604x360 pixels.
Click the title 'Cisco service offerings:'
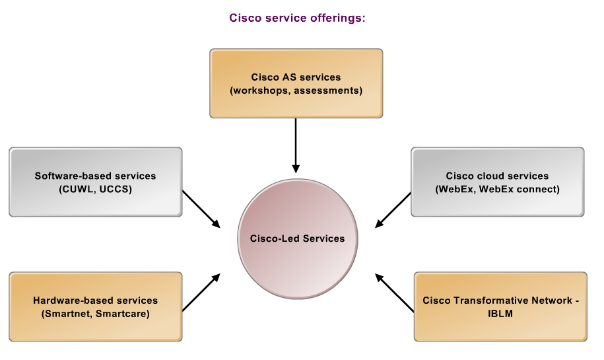(297, 18)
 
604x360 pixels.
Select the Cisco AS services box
(296, 83)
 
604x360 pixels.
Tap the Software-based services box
(96, 182)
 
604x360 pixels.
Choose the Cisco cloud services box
(497, 182)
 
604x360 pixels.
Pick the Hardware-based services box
(96, 306)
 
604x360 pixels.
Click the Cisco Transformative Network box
(500, 306)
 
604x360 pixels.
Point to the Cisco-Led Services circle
(297, 238)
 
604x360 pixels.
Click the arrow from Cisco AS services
(296, 145)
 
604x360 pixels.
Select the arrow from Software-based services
(201, 209)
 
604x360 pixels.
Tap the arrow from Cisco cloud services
(393, 210)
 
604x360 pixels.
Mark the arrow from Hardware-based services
(201, 292)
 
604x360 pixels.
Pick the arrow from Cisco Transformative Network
(395, 293)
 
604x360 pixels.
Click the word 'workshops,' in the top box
(260, 90)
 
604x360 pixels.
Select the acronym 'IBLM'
(500, 313)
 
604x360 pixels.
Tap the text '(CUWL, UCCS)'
(96, 190)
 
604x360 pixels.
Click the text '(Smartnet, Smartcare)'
(96, 314)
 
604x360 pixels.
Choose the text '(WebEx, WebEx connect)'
(497, 190)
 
